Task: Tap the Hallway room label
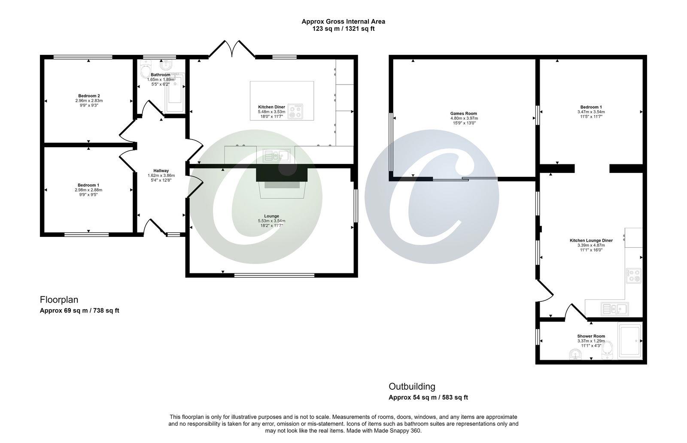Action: click(x=161, y=170)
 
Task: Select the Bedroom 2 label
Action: click(x=89, y=96)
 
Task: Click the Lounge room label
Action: click(x=271, y=216)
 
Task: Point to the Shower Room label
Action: click(x=591, y=336)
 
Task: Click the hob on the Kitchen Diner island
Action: click(x=295, y=111)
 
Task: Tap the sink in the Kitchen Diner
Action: click(x=277, y=155)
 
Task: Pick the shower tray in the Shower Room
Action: click(x=630, y=340)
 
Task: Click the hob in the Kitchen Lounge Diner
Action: click(x=633, y=275)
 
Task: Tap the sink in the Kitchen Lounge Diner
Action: click(x=614, y=308)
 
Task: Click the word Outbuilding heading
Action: click(x=412, y=386)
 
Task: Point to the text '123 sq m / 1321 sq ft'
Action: click(x=343, y=29)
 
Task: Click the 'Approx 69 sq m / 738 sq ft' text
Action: click(x=79, y=310)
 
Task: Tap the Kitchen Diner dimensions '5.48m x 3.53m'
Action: click(x=271, y=112)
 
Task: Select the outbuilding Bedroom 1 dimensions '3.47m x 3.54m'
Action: click(x=591, y=112)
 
